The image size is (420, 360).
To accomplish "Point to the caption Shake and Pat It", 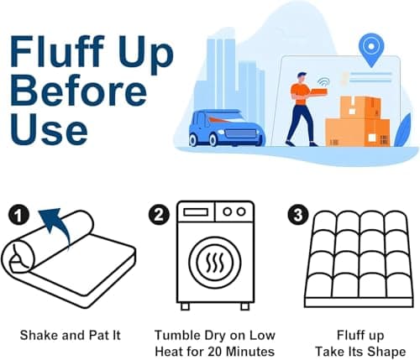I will (71, 334).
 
